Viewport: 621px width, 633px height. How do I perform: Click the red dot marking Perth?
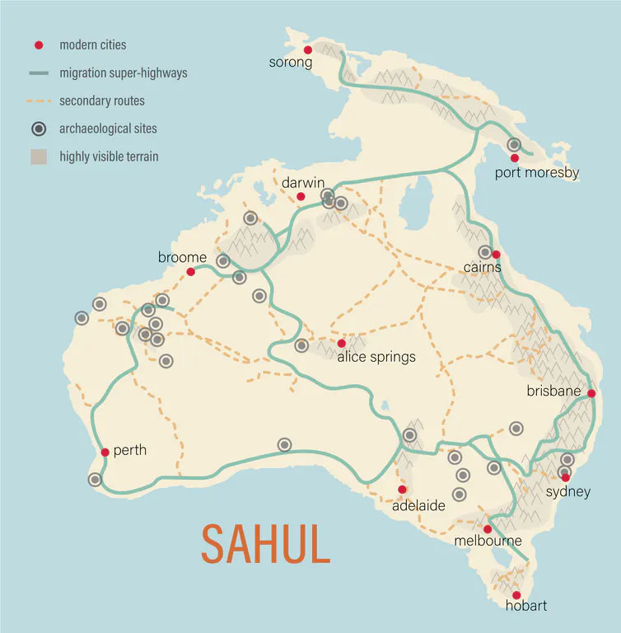pos(105,452)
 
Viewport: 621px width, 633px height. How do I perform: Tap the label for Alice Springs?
pos(376,358)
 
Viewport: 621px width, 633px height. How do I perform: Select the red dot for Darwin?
pos(301,196)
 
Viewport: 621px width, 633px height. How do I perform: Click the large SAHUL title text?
pos(266,542)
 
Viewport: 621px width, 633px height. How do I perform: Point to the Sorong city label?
pos(291,63)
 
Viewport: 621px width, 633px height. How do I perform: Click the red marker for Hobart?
pos(516,595)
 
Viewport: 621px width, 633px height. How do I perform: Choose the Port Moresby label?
pos(537,173)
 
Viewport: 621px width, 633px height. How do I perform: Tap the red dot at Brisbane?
pos(591,393)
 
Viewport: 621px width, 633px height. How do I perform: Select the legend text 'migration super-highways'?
pos(124,73)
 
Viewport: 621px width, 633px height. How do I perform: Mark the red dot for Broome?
pos(190,271)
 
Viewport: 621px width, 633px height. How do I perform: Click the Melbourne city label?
pos(488,542)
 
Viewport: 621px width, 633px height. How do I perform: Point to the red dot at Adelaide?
pos(402,490)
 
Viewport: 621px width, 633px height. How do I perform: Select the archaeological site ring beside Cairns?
pos(485,252)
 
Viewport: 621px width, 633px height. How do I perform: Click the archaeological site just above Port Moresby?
pos(514,144)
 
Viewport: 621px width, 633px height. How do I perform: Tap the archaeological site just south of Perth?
pos(96,480)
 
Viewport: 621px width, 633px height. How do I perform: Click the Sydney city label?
pos(568,492)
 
